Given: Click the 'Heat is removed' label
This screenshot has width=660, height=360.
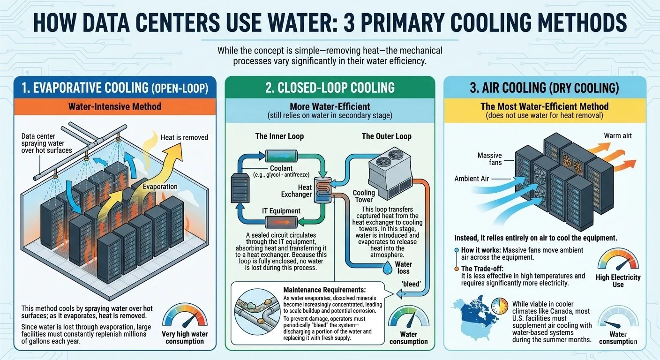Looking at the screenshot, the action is pos(184,137).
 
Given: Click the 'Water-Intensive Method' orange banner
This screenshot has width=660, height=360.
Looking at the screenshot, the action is pos(115,106).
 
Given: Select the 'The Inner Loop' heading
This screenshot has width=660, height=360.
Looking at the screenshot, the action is pos(279,136).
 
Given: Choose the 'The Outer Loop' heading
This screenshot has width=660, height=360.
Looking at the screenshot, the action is pos(386,136).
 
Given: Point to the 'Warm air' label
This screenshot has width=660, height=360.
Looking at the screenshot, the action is pos(618,136).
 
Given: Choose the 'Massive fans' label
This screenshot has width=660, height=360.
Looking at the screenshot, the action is pos(489,158).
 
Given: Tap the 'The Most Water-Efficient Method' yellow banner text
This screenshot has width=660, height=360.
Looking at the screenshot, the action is pos(544,106).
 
